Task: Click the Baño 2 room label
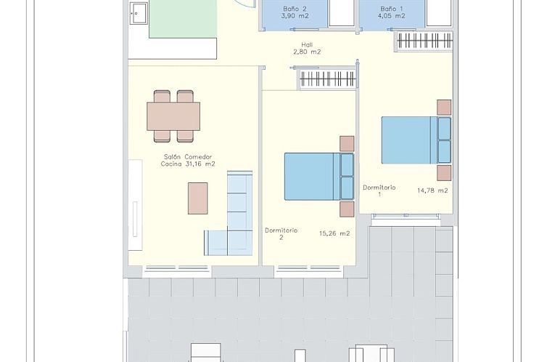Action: coord(295,9)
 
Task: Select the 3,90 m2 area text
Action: coord(295,16)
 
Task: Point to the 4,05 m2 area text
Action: coord(392,16)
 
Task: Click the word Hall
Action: coord(307,44)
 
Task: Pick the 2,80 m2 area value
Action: coord(307,52)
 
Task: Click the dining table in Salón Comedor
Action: coord(173,116)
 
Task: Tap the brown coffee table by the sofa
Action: coord(197,198)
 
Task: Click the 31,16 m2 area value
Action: coord(200,164)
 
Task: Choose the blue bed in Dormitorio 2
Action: coord(312,176)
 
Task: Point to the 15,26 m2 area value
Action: coord(334,233)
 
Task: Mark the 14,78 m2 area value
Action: coord(432,190)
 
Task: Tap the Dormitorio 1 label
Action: coord(379,190)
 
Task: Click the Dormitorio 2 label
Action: coord(281,233)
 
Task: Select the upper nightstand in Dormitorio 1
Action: coord(444,107)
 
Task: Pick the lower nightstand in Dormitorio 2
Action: coord(347,208)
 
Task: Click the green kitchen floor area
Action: coord(184,20)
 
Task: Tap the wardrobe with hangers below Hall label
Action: coord(327,79)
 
